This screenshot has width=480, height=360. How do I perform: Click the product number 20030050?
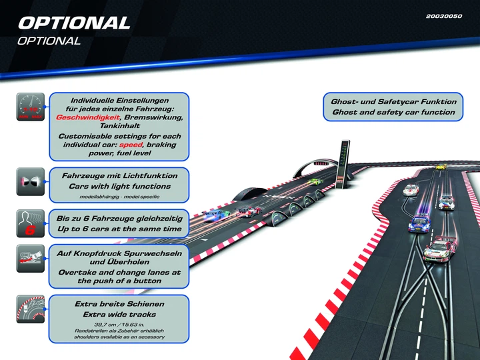[443, 16]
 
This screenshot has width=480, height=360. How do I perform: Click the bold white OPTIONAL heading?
[74, 23]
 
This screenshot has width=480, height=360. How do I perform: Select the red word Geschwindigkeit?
[88, 117]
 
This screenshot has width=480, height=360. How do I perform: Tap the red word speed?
[131, 145]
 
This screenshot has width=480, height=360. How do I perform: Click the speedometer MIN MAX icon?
[30, 107]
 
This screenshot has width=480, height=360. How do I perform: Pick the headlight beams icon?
[30, 181]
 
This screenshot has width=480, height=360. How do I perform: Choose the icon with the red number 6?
[30, 223]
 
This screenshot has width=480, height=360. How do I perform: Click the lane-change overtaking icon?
[30, 259]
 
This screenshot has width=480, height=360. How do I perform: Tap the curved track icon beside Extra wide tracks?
[30, 309]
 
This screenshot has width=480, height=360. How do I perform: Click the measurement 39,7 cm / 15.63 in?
[119, 325]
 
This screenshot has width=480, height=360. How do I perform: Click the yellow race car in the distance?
[441, 167]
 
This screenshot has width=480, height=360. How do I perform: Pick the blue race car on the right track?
[419, 223]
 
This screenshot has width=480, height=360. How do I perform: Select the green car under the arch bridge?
[315, 181]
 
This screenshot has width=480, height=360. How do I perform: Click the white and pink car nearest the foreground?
[440, 247]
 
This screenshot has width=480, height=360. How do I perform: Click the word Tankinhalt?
[120, 126]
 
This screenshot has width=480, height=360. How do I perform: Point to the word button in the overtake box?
[147, 281]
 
